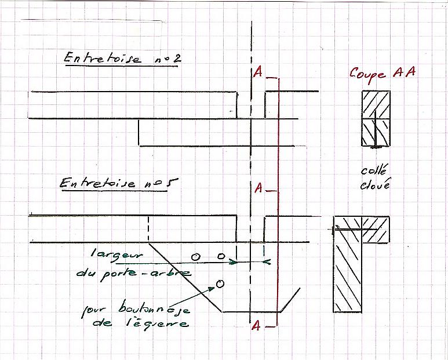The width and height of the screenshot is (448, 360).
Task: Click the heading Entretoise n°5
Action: click(x=118, y=183)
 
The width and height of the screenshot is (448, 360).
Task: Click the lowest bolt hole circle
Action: click(x=220, y=283)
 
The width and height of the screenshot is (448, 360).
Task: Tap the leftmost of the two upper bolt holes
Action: click(x=196, y=256)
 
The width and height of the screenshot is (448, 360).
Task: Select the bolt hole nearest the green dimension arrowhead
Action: click(x=220, y=256)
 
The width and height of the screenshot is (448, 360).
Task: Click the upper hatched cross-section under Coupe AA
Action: click(x=375, y=118)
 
